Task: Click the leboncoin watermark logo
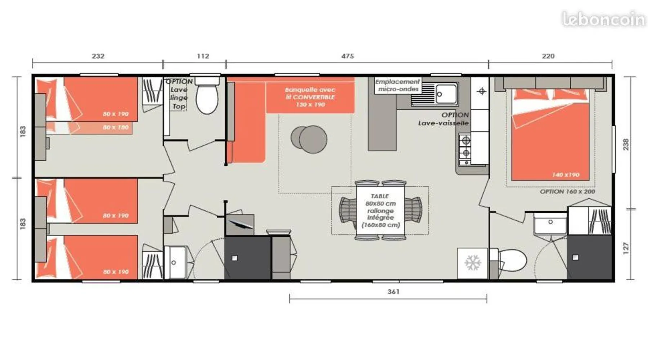tap(604, 19)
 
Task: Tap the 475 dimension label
tap(347, 56)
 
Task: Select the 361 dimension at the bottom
tap(393, 292)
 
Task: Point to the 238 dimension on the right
tap(626, 144)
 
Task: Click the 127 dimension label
tap(626, 248)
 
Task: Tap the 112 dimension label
tap(203, 56)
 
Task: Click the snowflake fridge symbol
tap(473, 263)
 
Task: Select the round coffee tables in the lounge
tap(309, 139)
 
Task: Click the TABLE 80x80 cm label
tap(381, 200)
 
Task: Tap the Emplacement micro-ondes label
tap(397, 85)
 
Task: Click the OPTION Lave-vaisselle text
tap(444, 119)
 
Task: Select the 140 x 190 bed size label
tap(566, 175)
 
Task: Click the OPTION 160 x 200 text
tap(567, 192)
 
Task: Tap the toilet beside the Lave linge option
tap(207, 95)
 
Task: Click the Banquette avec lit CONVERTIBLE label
tap(310, 97)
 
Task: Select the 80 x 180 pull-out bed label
tap(116, 127)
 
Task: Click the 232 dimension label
tap(98, 56)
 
